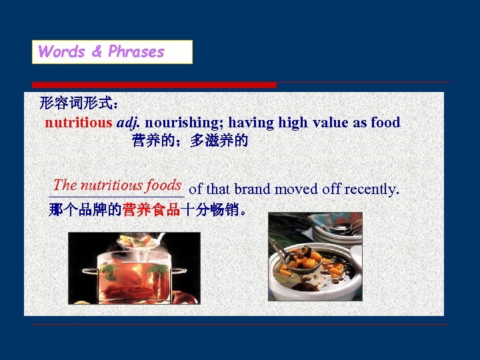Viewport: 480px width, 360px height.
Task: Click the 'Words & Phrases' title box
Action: [x=112, y=52]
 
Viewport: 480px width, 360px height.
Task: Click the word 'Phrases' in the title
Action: [x=136, y=52]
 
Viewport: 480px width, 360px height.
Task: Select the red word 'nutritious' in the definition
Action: [x=79, y=123]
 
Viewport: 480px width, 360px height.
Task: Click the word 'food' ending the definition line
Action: [x=385, y=123]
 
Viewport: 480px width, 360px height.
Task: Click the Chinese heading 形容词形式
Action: [x=79, y=103]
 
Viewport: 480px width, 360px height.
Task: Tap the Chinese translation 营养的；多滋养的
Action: [x=190, y=141]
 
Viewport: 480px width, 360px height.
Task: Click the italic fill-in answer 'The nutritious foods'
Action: [x=117, y=185]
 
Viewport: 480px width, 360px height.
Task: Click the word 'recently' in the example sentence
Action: [x=371, y=189]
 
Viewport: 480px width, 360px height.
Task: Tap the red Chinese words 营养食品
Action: [x=151, y=210]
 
